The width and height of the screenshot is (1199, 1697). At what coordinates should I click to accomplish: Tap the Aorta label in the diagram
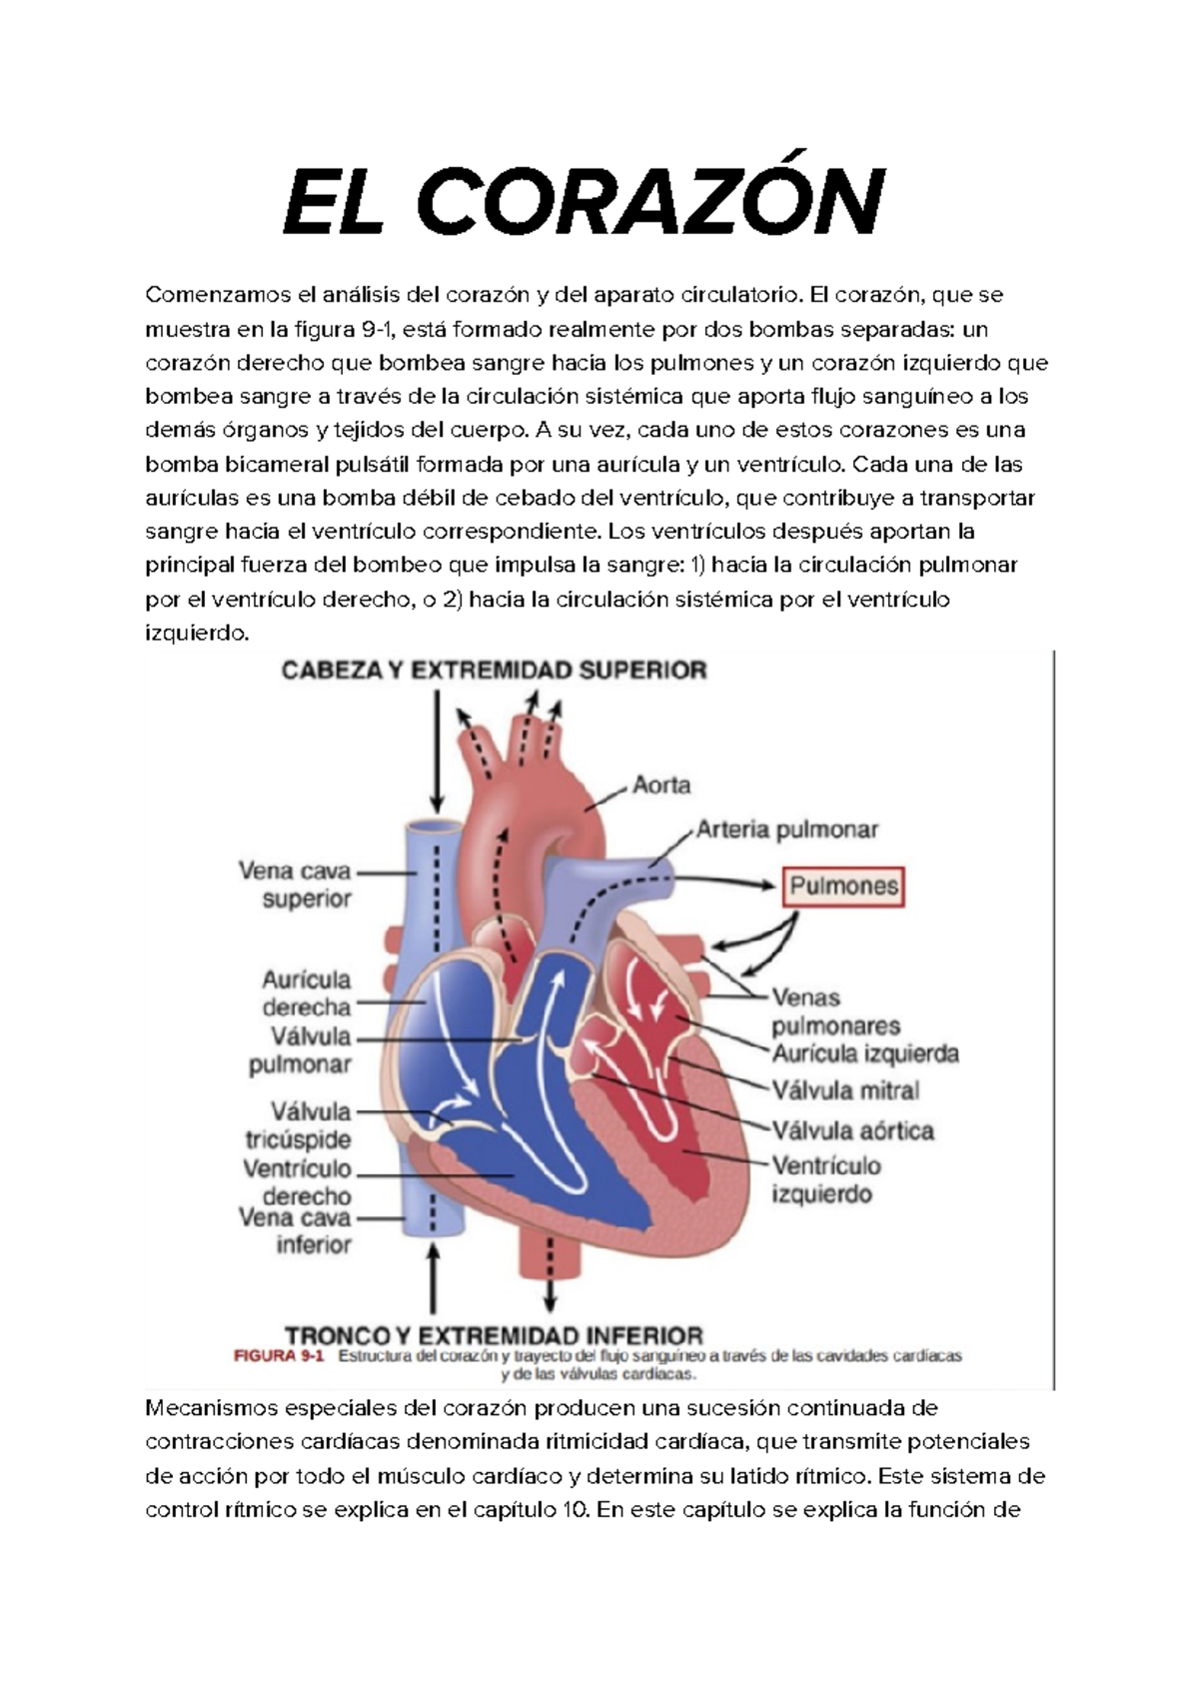click(661, 785)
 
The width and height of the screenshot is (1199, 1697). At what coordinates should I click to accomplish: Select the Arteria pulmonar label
click(787, 830)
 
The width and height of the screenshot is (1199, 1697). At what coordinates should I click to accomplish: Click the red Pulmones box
click(844, 885)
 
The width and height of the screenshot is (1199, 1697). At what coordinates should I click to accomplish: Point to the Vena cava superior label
click(296, 884)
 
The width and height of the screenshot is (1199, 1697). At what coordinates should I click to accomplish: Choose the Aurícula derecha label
click(307, 992)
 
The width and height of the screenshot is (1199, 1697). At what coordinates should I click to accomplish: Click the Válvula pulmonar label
click(301, 1050)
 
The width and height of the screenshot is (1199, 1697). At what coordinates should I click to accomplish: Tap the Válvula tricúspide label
click(299, 1124)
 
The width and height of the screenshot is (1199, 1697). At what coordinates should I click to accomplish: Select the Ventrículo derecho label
click(298, 1182)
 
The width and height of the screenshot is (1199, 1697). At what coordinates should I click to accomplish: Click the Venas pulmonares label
click(835, 1011)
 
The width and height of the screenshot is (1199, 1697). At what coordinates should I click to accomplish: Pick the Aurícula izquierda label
click(865, 1053)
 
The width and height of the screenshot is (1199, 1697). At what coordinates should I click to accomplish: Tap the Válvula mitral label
click(845, 1090)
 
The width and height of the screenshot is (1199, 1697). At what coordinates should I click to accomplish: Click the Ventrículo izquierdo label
click(825, 1180)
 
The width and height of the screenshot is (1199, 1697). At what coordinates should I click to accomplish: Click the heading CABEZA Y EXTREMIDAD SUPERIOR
click(495, 670)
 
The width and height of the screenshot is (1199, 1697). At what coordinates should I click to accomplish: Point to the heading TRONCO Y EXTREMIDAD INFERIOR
click(495, 1335)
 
